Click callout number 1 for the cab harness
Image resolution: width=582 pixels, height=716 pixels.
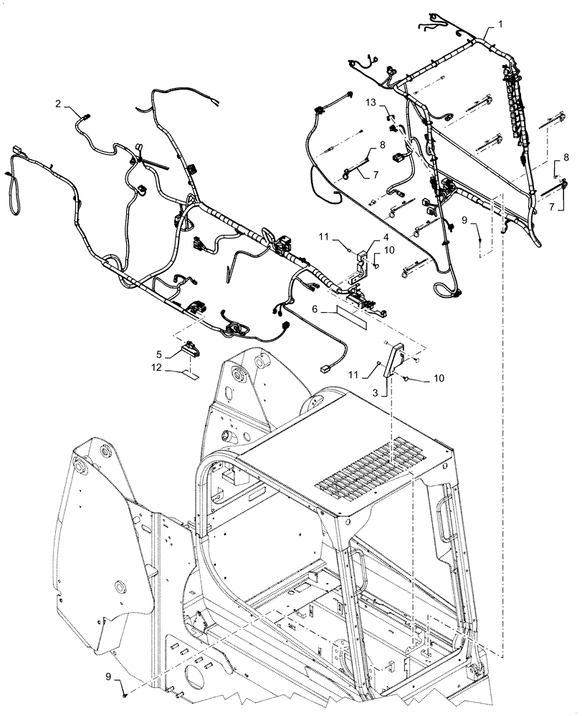[500, 23]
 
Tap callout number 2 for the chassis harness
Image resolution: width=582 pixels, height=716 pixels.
[58, 103]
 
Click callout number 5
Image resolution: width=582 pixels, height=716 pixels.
[158, 352]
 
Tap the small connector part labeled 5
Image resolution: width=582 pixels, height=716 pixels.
[191, 349]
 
